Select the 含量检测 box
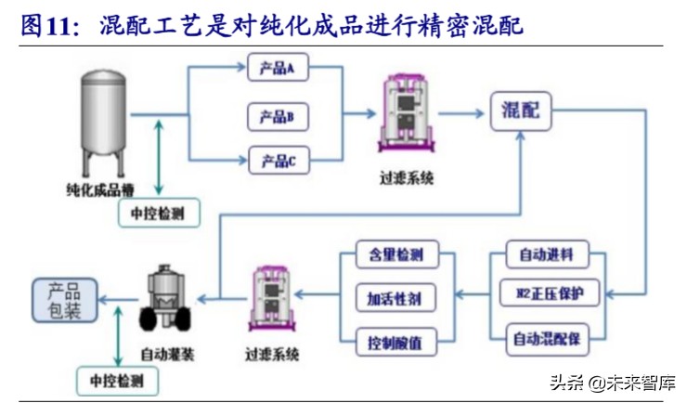tap(395, 254)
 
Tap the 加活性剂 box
tap(395, 297)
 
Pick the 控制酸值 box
tap(395, 341)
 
